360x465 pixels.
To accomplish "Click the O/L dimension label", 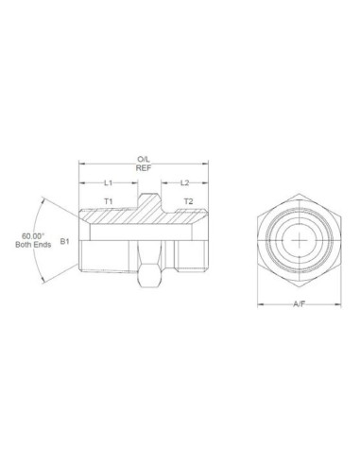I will point(144,160).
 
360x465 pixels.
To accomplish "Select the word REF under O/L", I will point(144,168).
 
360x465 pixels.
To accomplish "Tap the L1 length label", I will point(108,181).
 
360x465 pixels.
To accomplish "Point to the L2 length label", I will point(185,181).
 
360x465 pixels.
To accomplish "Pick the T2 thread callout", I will point(187,202).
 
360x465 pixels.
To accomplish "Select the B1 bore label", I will point(65,242).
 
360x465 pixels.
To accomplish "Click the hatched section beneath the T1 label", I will point(109,216).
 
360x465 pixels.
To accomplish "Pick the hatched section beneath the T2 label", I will point(184,216).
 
